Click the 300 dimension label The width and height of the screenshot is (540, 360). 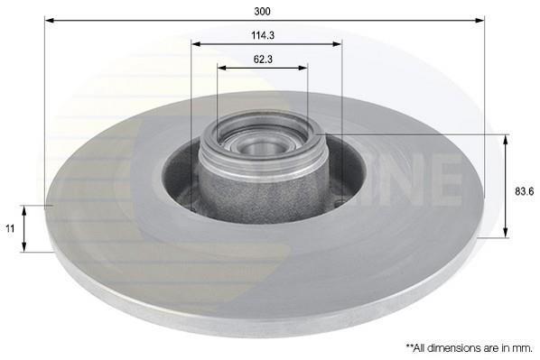tap(263, 12)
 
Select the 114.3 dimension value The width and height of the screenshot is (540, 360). tap(263, 35)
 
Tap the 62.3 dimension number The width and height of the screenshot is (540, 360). tap(263, 60)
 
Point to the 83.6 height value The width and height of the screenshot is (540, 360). tap(524, 191)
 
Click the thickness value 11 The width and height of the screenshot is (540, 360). tap(10, 228)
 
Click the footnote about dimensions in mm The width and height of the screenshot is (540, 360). tap(470, 348)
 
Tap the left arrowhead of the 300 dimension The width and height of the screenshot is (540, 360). tap(50, 21)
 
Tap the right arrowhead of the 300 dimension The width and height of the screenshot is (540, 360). tap(479, 21)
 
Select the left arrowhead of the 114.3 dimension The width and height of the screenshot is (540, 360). tap(196, 44)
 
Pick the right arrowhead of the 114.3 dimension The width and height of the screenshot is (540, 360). tap(337, 44)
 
